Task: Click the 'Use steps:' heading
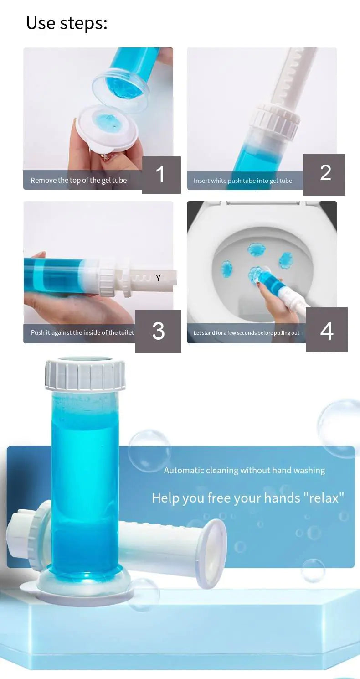click(67, 23)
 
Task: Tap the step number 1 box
click(161, 175)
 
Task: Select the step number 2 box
click(324, 174)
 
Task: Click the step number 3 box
click(158, 331)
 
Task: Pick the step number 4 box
click(326, 330)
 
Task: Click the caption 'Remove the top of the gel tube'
click(78, 181)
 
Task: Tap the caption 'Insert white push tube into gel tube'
click(242, 181)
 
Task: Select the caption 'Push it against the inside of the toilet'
click(82, 333)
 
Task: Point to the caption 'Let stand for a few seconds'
click(246, 333)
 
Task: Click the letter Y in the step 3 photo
click(158, 278)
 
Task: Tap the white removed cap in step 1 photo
click(108, 125)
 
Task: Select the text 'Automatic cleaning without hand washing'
click(244, 471)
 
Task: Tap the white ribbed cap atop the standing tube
click(85, 375)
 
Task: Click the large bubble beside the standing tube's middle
click(149, 450)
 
